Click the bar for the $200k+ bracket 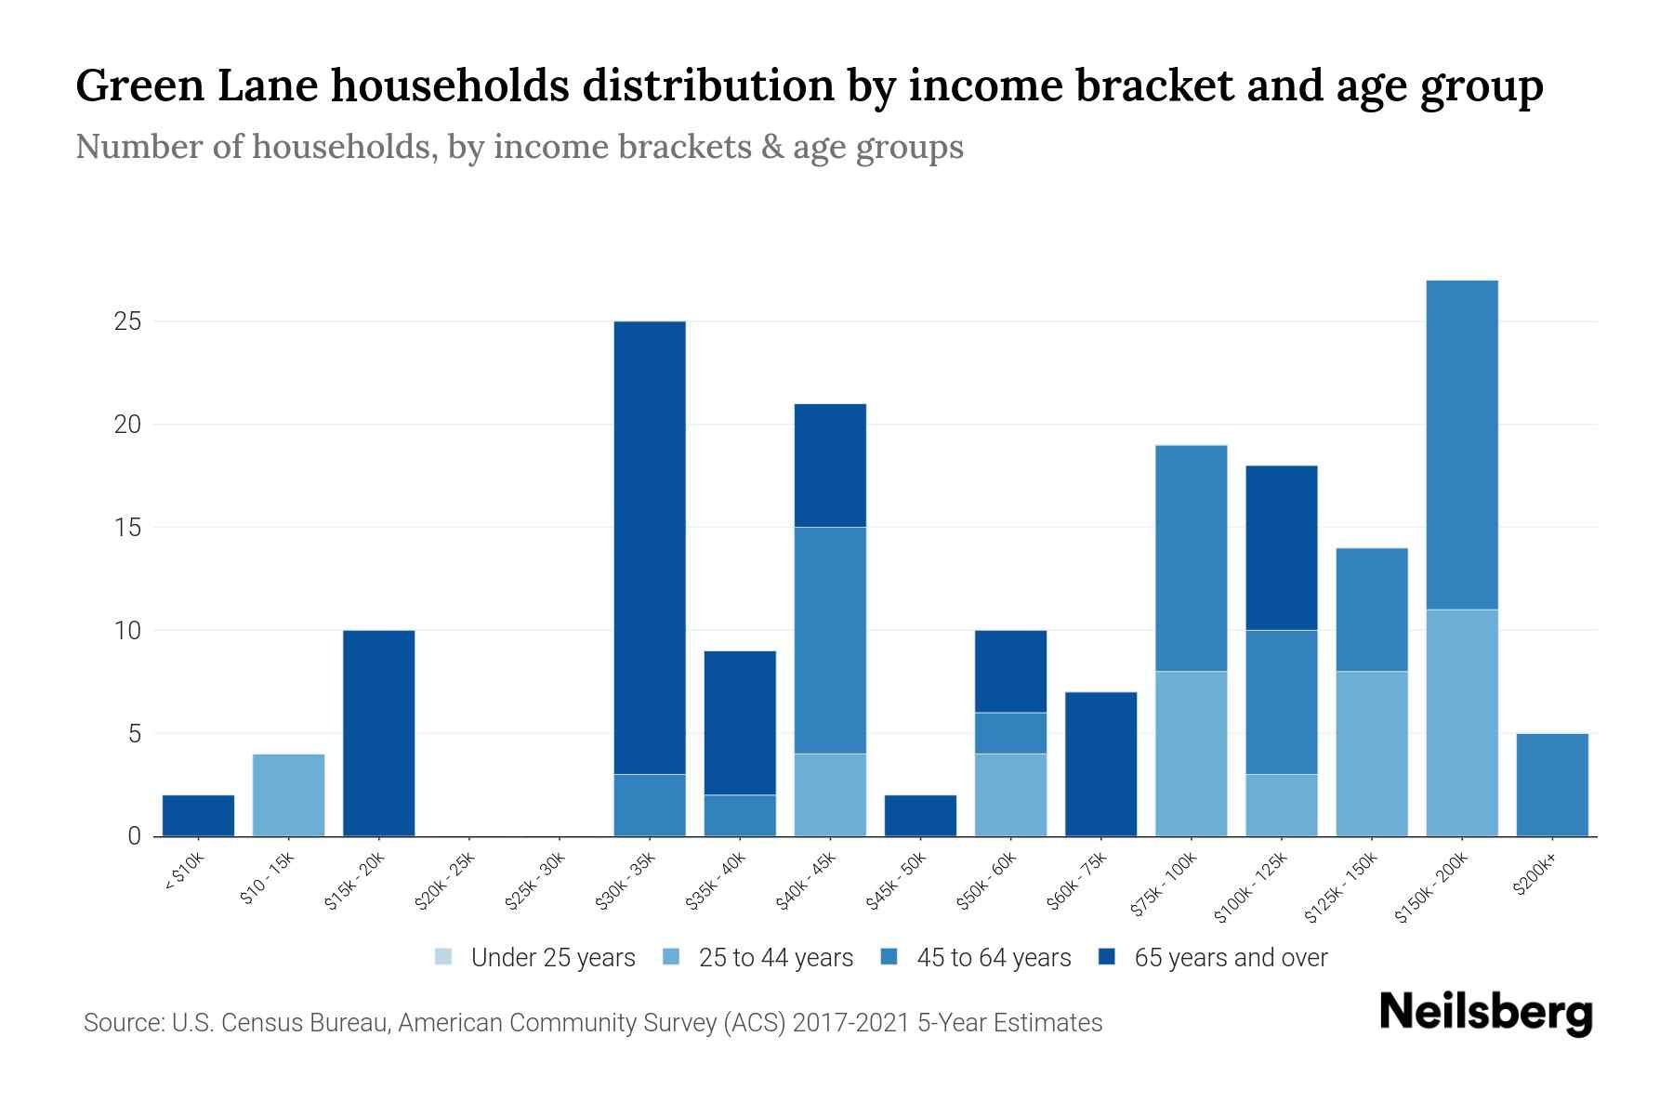coord(1551,785)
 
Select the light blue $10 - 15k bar coord(288,795)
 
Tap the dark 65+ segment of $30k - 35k coord(650,548)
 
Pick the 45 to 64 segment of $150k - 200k coord(1461,445)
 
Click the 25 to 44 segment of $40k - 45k coord(830,795)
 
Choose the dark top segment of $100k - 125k coord(1281,548)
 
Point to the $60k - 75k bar coord(1100,765)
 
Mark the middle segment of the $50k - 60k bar coord(1010,733)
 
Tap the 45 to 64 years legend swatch coord(889,957)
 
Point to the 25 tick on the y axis coord(127,321)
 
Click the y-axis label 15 coord(127,528)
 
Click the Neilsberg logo coord(1485,1013)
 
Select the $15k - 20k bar coord(378,733)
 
